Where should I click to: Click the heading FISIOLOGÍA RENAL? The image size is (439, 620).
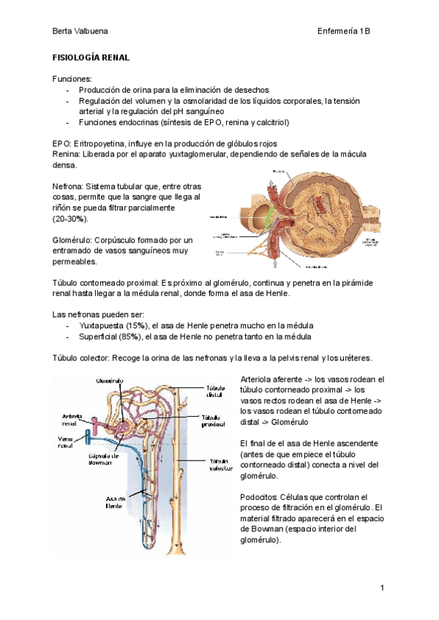tap(91, 57)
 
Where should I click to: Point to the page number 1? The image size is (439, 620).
tap(382, 588)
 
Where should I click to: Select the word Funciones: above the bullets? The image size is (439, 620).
tap(72, 78)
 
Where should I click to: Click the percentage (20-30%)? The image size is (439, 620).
tap(71, 219)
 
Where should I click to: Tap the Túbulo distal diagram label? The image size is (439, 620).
tap(214, 393)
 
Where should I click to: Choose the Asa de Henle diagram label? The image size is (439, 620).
tap(115, 502)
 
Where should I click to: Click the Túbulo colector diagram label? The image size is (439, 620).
tap(220, 466)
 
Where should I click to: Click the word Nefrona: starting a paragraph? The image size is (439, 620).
tap(72, 186)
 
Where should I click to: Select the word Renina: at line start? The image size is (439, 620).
tap(68, 154)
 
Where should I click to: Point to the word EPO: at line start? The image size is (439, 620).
tap(62, 143)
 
